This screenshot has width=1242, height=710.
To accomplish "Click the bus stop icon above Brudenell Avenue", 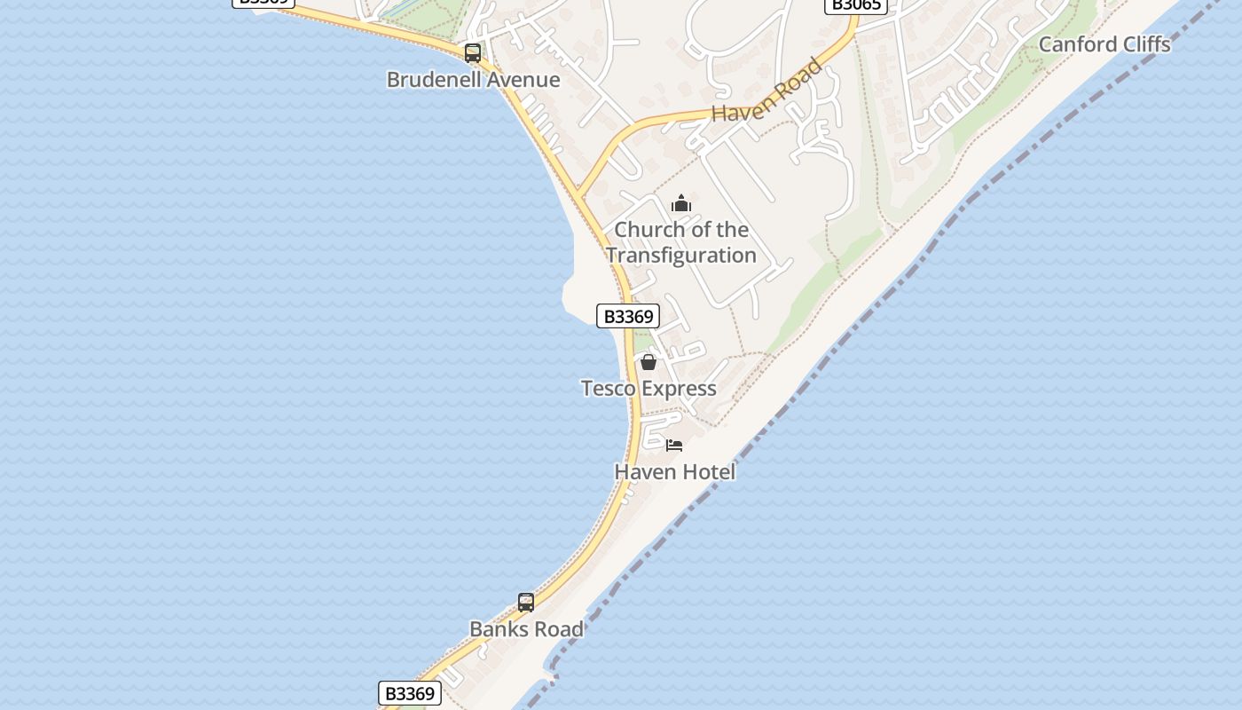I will (x=473, y=53).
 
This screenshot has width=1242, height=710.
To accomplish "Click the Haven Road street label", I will (x=766, y=91).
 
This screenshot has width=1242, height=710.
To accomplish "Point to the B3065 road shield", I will (x=855, y=5).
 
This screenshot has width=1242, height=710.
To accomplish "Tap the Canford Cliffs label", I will (x=1104, y=44).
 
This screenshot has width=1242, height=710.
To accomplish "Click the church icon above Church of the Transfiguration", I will (x=681, y=204).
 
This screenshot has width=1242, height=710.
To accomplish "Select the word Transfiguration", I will (x=681, y=256).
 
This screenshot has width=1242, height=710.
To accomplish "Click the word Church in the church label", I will (x=641, y=230).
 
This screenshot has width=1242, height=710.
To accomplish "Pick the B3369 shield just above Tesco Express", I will (x=628, y=316).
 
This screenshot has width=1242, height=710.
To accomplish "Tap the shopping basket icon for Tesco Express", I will (x=649, y=362).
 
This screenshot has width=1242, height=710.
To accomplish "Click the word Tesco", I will (x=609, y=389).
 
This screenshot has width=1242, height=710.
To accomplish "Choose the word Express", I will (x=680, y=389).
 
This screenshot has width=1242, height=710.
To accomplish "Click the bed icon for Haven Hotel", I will (x=674, y=446).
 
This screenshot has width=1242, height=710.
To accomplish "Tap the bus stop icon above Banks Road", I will (x=526, y=603).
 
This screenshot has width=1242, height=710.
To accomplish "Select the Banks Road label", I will (x=526, y=629).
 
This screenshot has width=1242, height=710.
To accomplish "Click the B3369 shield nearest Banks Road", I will (x=410, y=693).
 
